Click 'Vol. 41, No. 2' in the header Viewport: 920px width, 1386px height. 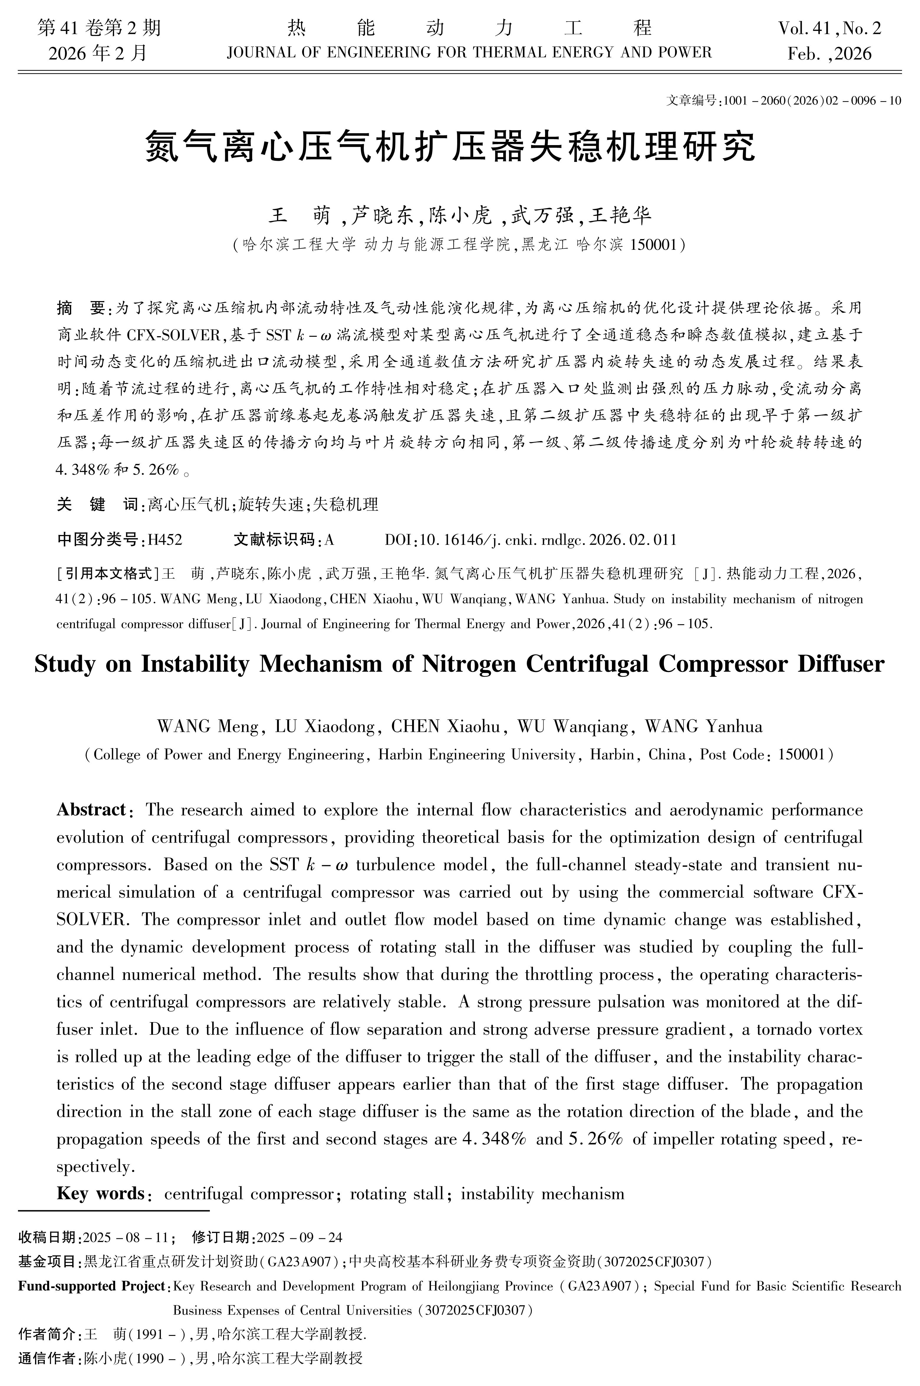click(x=829, y=28)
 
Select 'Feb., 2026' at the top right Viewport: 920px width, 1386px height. click(x=829, y=54)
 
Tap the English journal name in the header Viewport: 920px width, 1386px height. click(x=469, y=53)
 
